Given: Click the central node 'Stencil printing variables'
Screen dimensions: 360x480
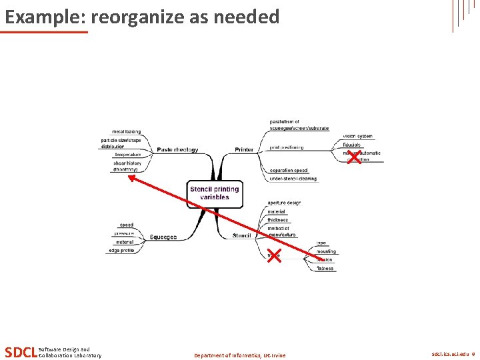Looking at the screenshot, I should click(x=214, y=193).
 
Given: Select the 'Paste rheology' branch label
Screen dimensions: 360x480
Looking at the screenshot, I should click(x=177, y=150).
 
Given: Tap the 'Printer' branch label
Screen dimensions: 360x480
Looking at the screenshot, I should click(x=244, y=149).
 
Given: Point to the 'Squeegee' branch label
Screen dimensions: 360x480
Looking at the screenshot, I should click(x=163, y=237).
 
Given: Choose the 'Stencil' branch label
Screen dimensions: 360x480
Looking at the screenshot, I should click(x=241, y=235).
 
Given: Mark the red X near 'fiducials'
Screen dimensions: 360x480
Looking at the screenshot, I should click(x=355, y=157).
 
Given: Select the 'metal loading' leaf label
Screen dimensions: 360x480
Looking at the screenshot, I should click(x=127, y=132).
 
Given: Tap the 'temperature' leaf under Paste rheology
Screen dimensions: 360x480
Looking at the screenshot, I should click(x=127, y=155).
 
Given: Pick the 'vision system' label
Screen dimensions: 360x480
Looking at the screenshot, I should click(x=358, y=136).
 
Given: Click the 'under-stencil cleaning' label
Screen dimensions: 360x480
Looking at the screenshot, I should click(x=293, y=179).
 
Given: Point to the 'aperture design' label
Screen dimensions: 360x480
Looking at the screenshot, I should click(x=284, y=203).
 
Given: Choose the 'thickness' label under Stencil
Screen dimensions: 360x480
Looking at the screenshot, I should click(x=278, y=220).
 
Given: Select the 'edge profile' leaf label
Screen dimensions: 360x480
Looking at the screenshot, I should click(x=121, y=251).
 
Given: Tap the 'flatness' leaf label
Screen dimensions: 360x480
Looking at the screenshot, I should click(x=326, y=269).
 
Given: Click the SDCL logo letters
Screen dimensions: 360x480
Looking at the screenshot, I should click(x=20, y=352).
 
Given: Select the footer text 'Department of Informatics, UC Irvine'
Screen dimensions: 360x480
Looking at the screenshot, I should click(x=239, y=355).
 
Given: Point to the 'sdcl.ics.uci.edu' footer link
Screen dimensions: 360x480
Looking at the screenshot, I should click(x=449, y=355).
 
